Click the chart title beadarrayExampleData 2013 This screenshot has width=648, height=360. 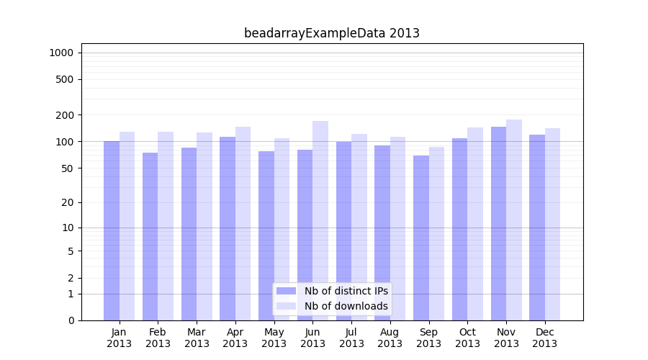[x=331, y=33]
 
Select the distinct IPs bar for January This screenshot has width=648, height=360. [x=112, y=230]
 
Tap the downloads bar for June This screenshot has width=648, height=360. [x=320, y=220]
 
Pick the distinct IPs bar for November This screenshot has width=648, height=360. [x=498, y=223]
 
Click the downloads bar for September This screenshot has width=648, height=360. [x=436, y=233]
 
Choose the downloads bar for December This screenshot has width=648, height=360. [x=552, y=224]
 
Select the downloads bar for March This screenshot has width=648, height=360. [x=204, y=226]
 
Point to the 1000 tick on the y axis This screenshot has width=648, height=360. [x=61, y=53]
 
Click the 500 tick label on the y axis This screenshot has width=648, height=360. [x=65, y=79]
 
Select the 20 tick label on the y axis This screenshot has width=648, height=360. [x=68, y=202]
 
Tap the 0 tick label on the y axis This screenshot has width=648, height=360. [x=71, y=320]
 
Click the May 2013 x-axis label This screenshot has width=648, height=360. [x=274, y=338]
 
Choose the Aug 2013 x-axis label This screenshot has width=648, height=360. [x=390, y=338]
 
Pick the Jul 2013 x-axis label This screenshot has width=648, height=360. [x=351, y=338]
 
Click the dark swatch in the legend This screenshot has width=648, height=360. [x=286, y=291]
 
